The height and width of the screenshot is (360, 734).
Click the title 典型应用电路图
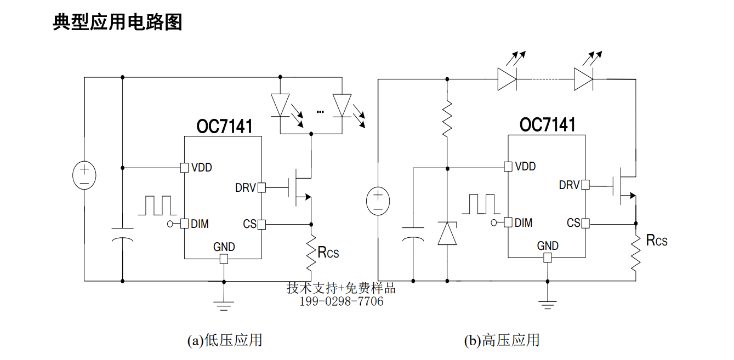click(x=117, y=22)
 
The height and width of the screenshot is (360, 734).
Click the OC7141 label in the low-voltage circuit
click(x=224, y=127)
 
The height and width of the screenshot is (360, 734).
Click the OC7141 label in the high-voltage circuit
click(x=548, y=125)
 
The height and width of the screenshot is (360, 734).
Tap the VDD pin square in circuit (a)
click(x=185, y=168)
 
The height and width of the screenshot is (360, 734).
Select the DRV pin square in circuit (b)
click(x=585, y=185)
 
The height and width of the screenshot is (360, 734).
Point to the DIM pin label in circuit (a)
click(x=200, y=224)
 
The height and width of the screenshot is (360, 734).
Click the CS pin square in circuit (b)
click(x=585, y=224)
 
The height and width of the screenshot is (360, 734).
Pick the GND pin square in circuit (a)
click(x=224, y=259)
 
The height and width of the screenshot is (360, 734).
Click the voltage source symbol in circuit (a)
click(x=84, y=175)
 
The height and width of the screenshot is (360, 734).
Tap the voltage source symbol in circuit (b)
click(x=378, y=201)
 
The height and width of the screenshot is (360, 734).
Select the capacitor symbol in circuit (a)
click(x=123, y=235)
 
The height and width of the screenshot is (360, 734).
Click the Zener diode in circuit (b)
click(x=447, y=233)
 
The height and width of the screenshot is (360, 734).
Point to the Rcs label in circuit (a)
click(x=328, y=253)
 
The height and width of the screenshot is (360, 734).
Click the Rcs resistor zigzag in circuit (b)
click(x=636, y=253)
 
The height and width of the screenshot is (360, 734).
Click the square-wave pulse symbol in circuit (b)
click(x=481, y=204)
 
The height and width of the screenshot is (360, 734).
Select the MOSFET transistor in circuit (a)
click(x=299, y=187)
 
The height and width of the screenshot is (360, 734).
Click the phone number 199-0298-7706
click(x=342, y=301)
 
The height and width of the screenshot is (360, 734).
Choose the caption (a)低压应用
click(x=225, y=340)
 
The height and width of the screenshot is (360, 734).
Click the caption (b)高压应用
click(x=502, y=340)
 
